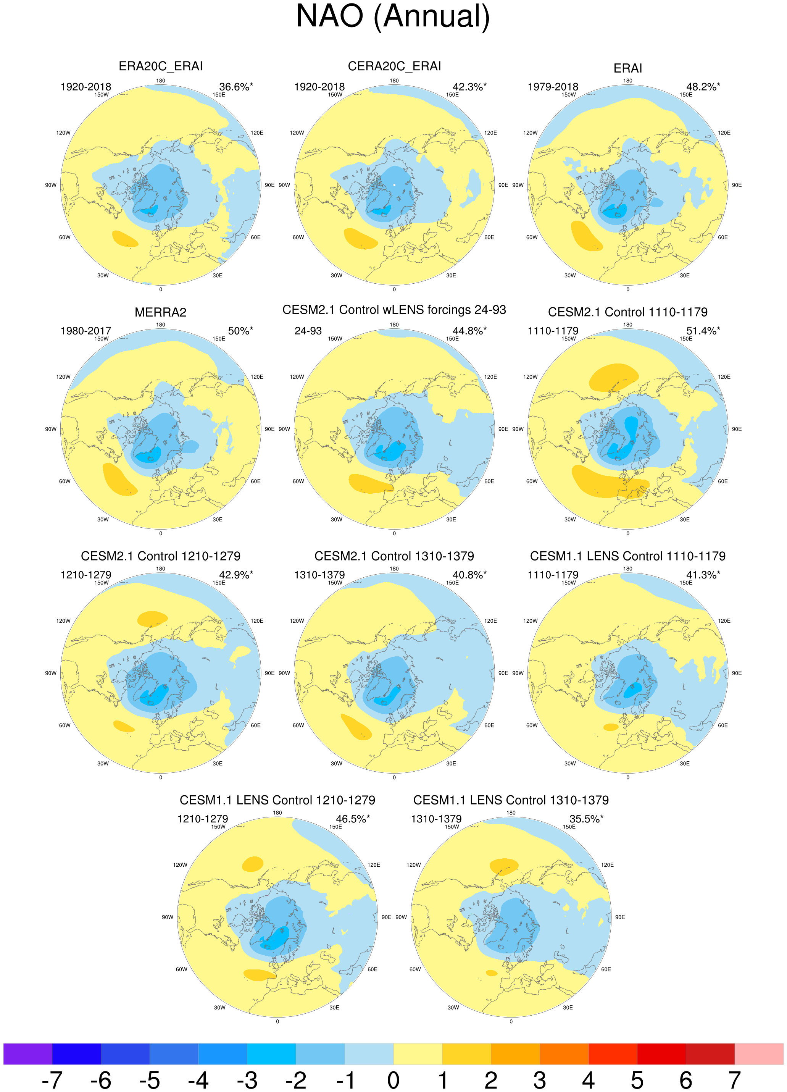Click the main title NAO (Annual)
pyautogui.click(x=393, y=16)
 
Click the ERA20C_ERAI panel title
pyautogui.click(x=160, y=66)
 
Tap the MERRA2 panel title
pyautogui.click(x=160, y=312)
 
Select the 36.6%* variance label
pyautogui.click(x=236, y=87)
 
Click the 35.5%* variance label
pyautogui.click(x=586, y=819)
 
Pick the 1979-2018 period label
pyautogui.click(x=553, y=87)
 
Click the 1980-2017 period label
pyautogui.click(x=85, y=331)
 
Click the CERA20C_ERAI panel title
pyautogui.click(x=394, y=66)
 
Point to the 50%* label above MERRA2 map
pyautogui.click(x=240, y=331)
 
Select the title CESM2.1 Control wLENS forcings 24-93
pyautogui.click(x=394, y=310)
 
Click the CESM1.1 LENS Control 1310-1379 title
pyautogui.click(x=511, y=800)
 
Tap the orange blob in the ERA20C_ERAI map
pyautogui.click(x=125, y=238)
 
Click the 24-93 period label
pyautogui.click(x=308, y=331)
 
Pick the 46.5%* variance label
pyautogui.click(x=353, y=819)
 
